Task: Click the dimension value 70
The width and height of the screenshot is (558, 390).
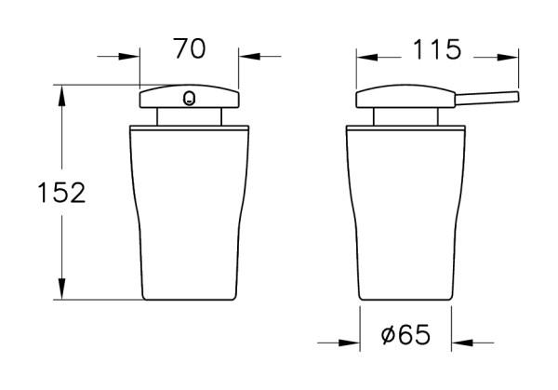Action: (190, 48)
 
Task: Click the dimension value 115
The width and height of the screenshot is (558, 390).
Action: (437, 49)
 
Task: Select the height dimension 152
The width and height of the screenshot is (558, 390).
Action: (61, 193)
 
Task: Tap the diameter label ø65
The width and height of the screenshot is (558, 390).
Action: (405, 335)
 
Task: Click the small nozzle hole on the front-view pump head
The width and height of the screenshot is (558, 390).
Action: (189, 99)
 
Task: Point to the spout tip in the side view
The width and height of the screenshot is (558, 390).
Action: (517, 97)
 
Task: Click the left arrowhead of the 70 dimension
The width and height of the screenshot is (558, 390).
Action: (129, 56)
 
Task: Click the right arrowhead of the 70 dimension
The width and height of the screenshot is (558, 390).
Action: (249, 56)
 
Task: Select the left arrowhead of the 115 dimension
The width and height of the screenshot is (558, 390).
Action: (367, 57)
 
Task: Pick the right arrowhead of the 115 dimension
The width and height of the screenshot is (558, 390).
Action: (508, 57)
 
